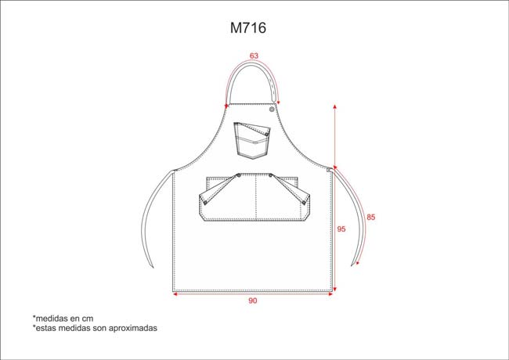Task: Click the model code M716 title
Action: (248, 28)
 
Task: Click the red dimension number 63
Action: (254, 56)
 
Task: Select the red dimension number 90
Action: (253, 301)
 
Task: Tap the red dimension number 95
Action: (341, 229)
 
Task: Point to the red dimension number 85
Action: (370, 217)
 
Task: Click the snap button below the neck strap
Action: (272, 110)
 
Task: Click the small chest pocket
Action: (252, 140)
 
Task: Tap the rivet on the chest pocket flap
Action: (266, 134)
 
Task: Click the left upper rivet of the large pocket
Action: (239, 175)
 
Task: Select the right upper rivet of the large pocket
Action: (270, 175)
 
